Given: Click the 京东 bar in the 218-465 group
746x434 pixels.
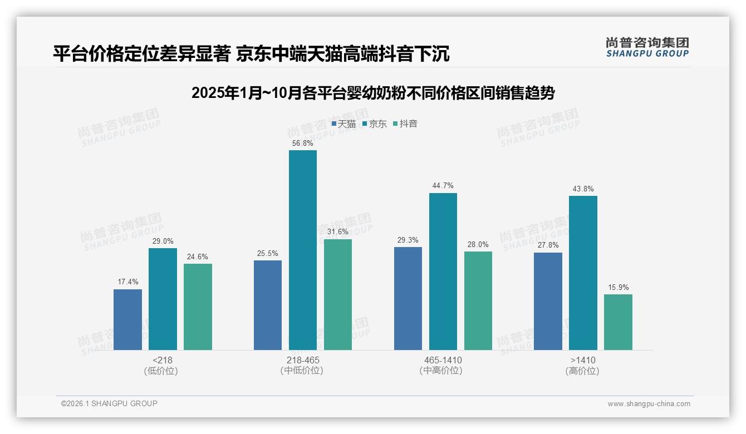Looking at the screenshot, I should pos(302,250).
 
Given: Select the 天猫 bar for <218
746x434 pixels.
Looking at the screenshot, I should pos(127,319).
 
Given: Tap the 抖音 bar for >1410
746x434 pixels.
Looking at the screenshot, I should pos(618,322).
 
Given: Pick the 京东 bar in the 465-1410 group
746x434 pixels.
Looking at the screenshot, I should pos(443,272).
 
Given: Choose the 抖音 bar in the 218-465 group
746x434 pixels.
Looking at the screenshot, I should pos(337,294).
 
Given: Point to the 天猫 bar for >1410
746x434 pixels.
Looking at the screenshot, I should pos(548,301).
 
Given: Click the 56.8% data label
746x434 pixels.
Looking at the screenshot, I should pos(302,143).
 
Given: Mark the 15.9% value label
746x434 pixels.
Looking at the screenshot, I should pos(618,288).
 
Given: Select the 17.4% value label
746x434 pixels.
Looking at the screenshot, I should pos(127,282).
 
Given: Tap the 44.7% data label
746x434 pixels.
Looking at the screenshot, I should pos(443,186).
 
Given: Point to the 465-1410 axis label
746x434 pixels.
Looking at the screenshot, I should pos(443,360).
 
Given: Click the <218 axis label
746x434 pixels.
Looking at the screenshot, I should pos(162,360).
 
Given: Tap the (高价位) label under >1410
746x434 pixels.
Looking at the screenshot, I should pos(582,371).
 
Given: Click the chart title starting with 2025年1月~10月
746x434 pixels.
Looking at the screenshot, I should pos(372,93).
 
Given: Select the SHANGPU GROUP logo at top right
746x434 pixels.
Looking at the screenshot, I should pos(647,47).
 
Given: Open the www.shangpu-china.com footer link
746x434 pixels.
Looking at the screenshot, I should pos(649,404).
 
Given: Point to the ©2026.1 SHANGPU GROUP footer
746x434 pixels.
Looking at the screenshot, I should pos(109,403).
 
